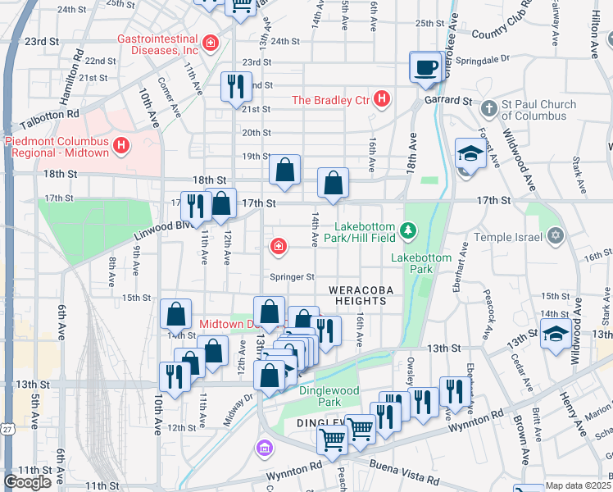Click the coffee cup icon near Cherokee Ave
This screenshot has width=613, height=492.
coord(425,69)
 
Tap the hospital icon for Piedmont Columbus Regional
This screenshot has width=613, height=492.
coord(121,147)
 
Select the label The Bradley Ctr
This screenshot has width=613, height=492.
coord(332,101)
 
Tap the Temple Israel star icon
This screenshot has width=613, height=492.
coord(556,237)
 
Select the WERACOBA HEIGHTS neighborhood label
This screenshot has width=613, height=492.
coord(357,295)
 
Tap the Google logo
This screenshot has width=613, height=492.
coord(27,482)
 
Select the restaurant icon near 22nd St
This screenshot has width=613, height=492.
coord(235,86)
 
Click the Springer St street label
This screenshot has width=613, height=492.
coord(299,277)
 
